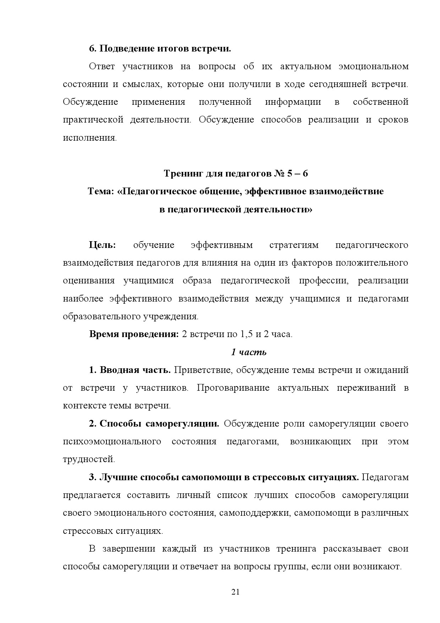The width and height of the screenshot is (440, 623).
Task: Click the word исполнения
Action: point(89,138)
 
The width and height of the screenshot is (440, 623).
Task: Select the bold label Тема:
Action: point(101,191)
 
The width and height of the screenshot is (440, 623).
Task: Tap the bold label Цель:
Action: point(102,245)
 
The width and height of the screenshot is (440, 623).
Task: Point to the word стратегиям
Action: point(294,245)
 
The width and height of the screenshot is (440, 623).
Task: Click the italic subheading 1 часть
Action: point(248,352)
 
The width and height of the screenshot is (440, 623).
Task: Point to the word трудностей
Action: point(89,459)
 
